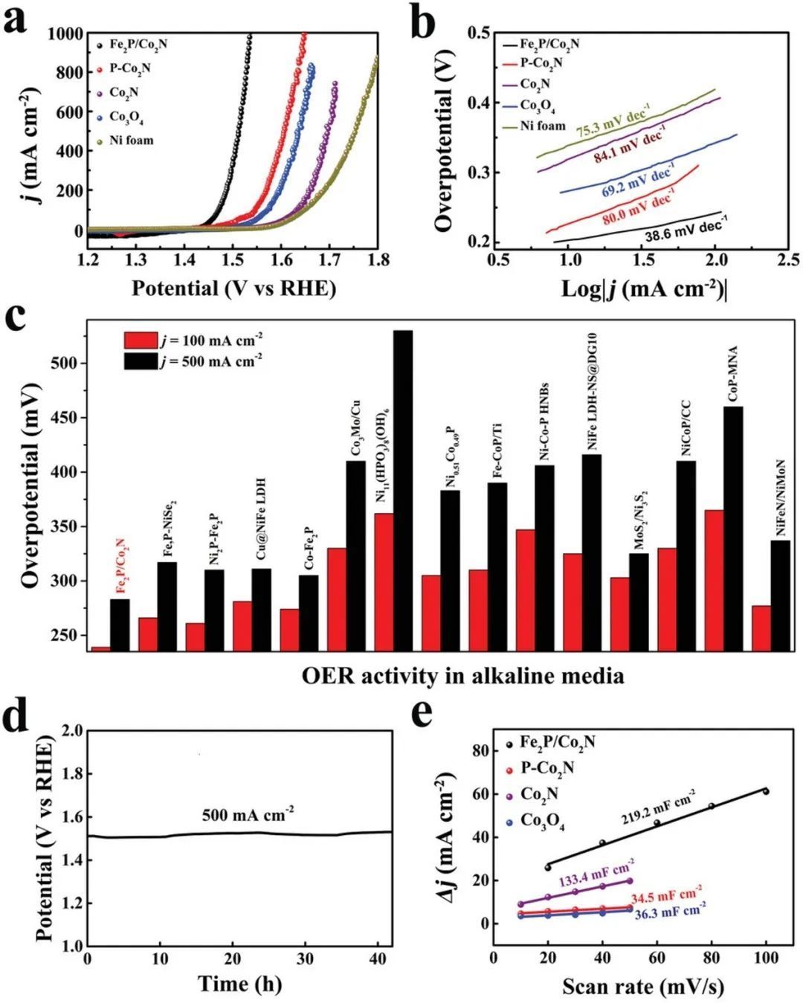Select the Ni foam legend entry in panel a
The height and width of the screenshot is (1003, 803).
(131, 141)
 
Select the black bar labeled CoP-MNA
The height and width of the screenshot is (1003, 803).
(733, 528)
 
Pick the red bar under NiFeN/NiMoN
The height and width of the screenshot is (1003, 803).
(761, 628)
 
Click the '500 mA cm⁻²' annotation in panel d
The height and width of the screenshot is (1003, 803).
(248, 814)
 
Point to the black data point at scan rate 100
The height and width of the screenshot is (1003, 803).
(765, 791)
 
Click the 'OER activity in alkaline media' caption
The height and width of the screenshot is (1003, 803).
(462, 676)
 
